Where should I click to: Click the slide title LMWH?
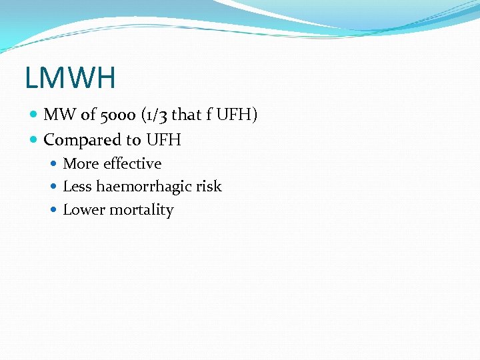(70, 77)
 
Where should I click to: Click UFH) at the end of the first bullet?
(237, 115)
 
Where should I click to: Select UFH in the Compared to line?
(163, 140)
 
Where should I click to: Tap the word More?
(79, 163)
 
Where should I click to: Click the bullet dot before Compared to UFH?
(35, 141)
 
